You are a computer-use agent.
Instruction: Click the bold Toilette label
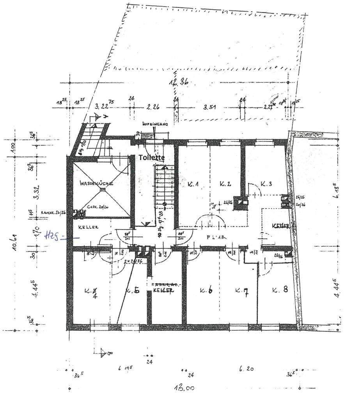[x=152, y=157]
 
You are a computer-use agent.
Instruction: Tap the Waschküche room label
[x=96, y=183]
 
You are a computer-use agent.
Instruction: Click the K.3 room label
[x=266, y=184]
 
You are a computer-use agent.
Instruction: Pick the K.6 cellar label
[x=206, y=290]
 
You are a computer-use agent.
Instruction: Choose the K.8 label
[x=280, y=290]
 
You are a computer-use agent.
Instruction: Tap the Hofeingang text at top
[x=155, y=124]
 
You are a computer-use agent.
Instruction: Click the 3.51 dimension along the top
[x=207, y=107]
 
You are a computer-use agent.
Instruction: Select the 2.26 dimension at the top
[x=154, y=107]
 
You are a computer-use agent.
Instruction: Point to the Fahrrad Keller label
[x=163, y=288]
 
